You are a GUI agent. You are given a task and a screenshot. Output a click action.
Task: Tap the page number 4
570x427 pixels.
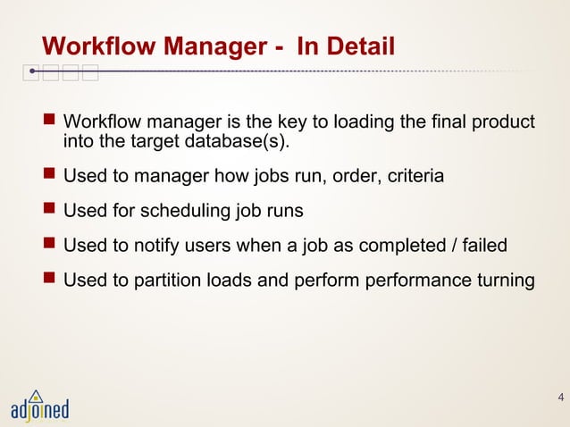point(560,398)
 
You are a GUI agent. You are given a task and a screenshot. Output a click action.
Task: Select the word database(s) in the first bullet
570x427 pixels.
point(243,142)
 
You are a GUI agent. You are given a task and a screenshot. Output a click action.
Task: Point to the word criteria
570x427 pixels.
point(414,177)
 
